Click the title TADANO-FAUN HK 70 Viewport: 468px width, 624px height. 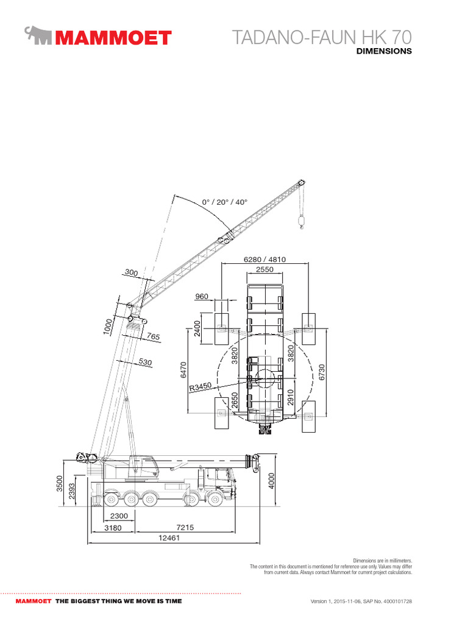tap(322, 37)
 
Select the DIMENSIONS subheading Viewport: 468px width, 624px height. tap(384, 51)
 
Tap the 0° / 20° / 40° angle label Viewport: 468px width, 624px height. tap(224, 202)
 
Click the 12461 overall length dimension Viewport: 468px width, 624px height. tap(169, 537)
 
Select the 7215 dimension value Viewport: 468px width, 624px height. tap(185, 527)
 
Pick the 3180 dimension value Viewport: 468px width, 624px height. tap(113, 528)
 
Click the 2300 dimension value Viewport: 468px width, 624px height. tap(119, 516)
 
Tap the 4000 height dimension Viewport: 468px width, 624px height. tap(271, 481)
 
